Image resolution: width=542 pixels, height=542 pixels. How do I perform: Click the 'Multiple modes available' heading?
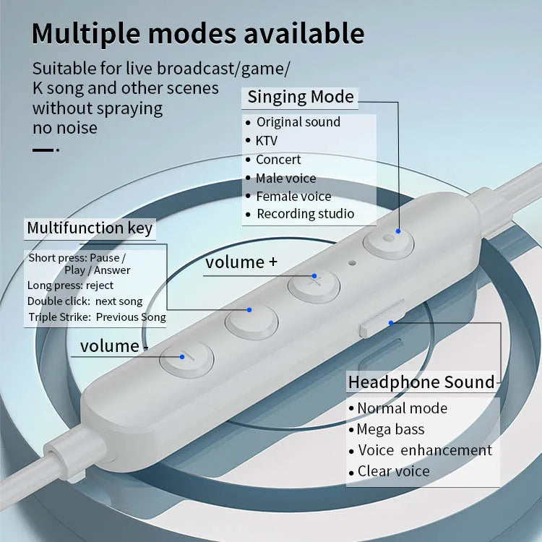(x=198, y=34)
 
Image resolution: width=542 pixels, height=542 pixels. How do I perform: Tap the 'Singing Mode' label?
(x=301, y=97)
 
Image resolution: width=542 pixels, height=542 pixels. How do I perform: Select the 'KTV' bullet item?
(x=267, y=140)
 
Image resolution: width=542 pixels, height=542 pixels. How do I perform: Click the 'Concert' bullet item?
(x=278, y=159)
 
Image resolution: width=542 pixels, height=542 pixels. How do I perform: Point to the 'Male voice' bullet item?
(x=285, y=178)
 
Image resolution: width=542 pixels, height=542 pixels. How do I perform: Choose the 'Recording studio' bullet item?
(x=305, y=214)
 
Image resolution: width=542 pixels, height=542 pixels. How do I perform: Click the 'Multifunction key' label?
(x=90, y=228)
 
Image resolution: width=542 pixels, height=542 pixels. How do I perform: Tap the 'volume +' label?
(x=241, y=262)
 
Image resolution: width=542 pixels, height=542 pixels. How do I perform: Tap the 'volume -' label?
(x=114, y=346)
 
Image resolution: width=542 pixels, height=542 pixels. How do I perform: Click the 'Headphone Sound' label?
(x=422, y=382)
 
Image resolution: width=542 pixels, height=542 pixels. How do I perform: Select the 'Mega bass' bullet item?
(x=390, y=429)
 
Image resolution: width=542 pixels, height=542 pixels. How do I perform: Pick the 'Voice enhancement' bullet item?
(x=424, y=450)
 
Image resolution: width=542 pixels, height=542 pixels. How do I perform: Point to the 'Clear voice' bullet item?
(x=393, y=471)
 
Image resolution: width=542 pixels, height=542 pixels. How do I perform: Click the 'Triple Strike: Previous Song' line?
(x=97, y=317)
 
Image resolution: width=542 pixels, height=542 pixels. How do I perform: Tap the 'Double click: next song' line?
(x=85, y=301)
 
